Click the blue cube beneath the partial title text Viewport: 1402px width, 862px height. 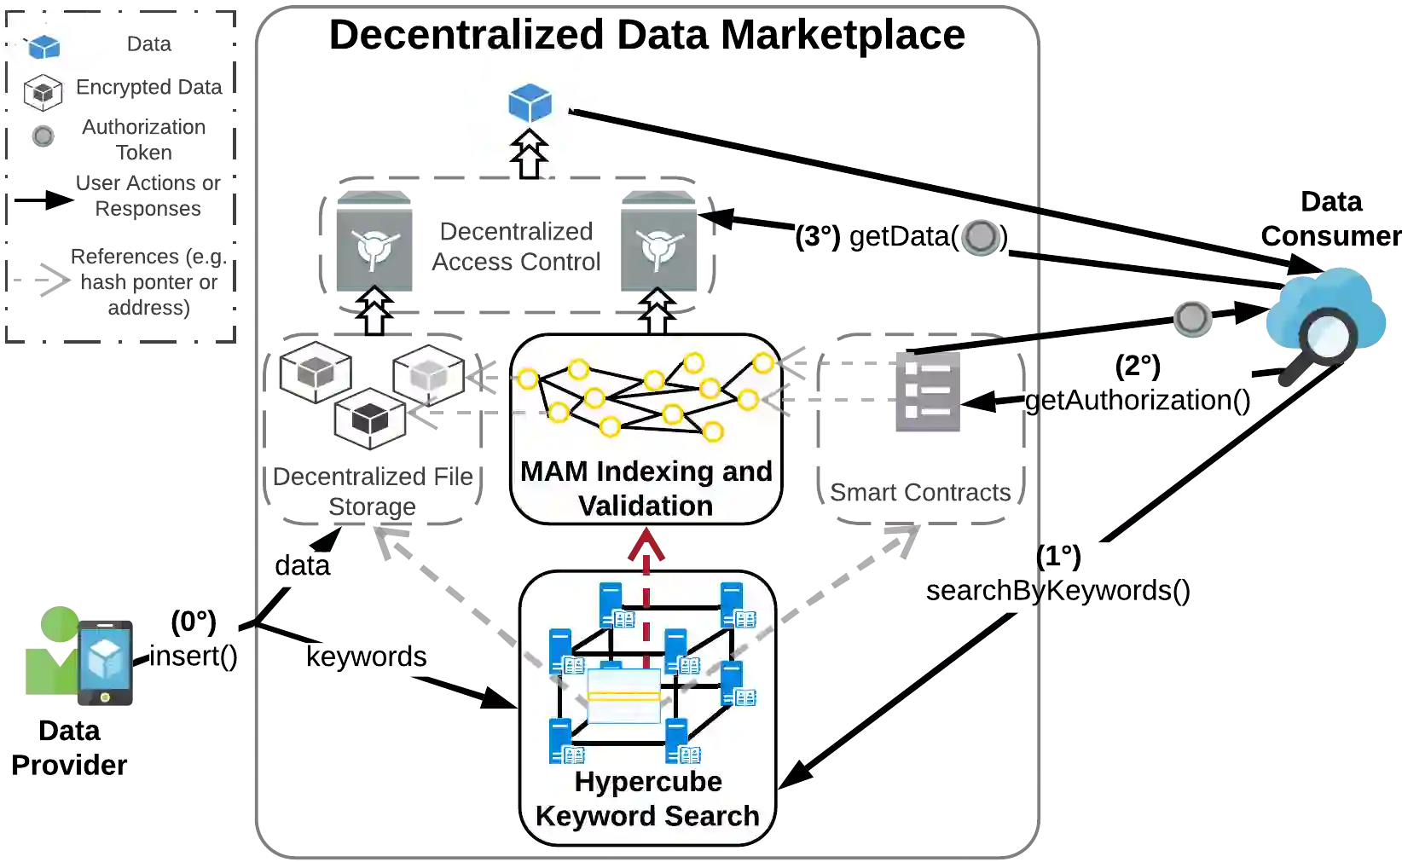click(x=530, y=103)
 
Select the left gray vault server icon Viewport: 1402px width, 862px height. click(x=375, y=240)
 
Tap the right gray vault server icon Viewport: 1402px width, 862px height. click(x=662, y=240)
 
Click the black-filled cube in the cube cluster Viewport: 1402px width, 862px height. click(x=370, y=419)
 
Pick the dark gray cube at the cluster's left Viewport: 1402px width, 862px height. click(x=316, y=372)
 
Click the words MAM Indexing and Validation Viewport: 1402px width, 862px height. click(x=646, y=489)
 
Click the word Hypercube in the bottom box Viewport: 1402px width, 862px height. click(x=648, y=781)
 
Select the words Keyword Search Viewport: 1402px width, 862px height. click(x=647, y=816)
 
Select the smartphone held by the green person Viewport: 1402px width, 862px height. click(x=106, y=662)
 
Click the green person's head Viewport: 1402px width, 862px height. click(x=60, y=622)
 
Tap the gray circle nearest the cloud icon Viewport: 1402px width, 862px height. click(x=1192, y=319)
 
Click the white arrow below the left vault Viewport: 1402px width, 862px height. click(x=374, y=311)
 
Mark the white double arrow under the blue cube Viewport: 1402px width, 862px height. click(x=530, y=153)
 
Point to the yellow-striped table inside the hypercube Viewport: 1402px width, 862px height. click(x=624, y=696)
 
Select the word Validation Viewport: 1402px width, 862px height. click(x=646, y=506)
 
